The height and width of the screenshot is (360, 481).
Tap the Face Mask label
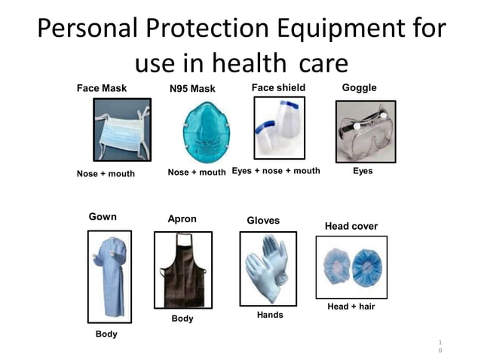102,88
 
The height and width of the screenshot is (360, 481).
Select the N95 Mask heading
192,89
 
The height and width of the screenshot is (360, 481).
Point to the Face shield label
278,87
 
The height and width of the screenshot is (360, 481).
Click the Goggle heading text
359,87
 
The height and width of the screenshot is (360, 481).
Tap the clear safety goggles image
365,132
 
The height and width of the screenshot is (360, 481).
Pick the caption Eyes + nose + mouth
276,171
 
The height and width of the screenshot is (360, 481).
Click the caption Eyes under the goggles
363,171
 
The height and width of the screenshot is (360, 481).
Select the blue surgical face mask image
121,131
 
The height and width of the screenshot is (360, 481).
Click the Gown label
103,217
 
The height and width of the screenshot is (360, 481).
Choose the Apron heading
182,219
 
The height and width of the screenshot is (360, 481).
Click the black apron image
182,269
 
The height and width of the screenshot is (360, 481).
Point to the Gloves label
263,221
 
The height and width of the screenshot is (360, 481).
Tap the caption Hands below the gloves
270,315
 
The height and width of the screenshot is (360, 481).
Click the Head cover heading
351,226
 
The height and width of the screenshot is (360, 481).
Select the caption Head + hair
351,307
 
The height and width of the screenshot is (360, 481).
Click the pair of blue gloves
269,267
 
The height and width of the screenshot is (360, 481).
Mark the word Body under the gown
106,334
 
